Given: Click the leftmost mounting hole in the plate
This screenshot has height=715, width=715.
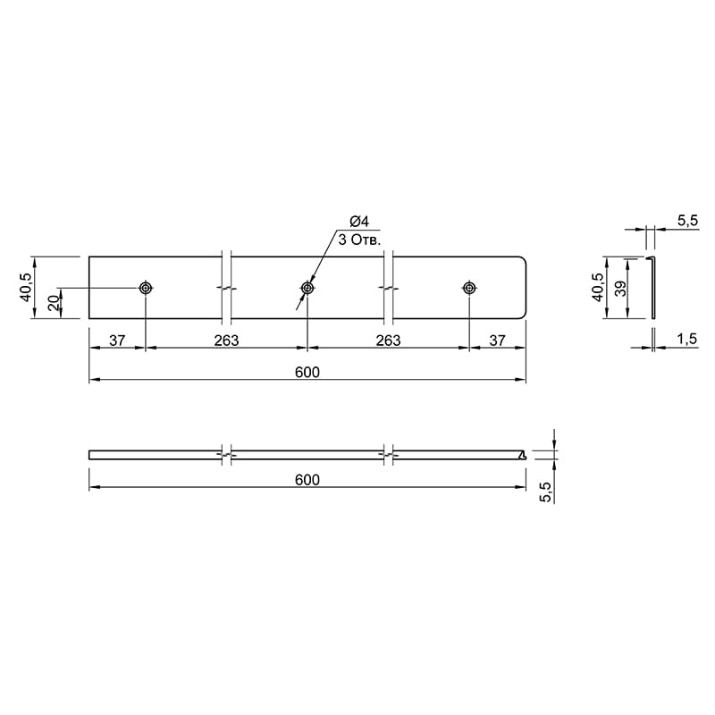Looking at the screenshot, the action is click(146, 288).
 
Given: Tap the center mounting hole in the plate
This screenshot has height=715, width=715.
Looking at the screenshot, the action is click(307, 288).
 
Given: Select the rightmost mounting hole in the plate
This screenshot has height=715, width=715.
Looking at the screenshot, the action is click(469, 288).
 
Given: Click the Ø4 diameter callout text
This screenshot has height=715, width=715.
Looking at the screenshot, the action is click(359, 222).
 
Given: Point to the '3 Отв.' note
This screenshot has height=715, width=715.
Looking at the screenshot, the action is click(359, 240).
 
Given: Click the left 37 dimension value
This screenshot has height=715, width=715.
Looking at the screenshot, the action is click(117, 341).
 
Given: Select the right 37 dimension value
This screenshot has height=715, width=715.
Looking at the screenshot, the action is click(498, 341).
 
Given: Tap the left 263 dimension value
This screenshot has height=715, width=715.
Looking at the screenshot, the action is click(227, 341).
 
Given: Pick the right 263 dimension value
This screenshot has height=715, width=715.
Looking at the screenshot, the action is click(389, 341).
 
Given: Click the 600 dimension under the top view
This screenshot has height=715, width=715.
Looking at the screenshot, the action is click(307, 372).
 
